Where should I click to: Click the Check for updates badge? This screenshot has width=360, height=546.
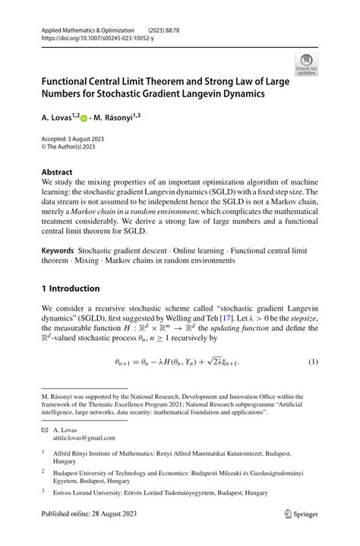click(x=306, y=64)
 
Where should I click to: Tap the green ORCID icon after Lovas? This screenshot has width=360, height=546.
click(x=84, y=119)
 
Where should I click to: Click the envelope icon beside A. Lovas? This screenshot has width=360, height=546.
click(x=46, y=430)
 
